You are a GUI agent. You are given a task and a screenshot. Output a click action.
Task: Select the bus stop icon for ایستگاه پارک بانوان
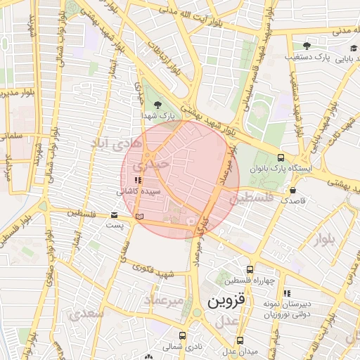[x=281, y=158]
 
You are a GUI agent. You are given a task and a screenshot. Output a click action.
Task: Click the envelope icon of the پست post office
[x=115, y=215]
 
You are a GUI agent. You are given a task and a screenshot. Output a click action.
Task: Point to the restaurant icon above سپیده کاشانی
[x=127, y=181]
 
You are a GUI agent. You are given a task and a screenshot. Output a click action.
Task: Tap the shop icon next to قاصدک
[x=292, y=190]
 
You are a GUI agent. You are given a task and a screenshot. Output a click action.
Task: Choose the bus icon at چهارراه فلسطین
[x=250, y=269]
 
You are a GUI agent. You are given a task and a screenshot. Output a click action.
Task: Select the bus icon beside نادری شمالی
[x=183, y=335]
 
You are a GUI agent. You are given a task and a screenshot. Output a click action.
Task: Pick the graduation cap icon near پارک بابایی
[x=352, y=48]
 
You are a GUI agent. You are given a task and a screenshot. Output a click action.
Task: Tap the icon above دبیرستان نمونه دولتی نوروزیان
[x=285, y=293]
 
